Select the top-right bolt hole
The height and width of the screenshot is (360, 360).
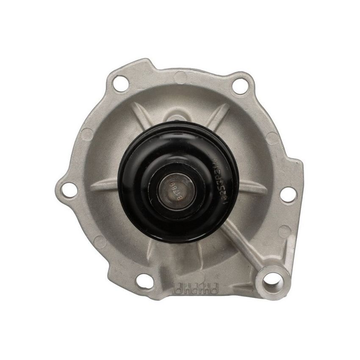click(x=240, y=86)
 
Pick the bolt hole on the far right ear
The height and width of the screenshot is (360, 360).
click(x=288, y=194)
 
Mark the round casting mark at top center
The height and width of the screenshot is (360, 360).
click(x=180, y=77)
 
